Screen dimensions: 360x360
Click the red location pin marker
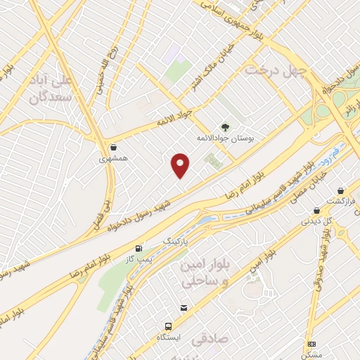(181, 165)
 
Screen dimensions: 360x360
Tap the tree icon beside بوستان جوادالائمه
(225, 127)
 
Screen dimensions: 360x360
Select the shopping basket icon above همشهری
(114, 147)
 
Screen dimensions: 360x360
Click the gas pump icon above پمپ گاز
(139, 248)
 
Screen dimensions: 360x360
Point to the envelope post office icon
(184, 308)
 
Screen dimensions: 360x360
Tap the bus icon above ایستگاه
(168, 326)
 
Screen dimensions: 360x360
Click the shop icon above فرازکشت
(340, 190)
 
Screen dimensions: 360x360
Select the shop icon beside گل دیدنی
(316, 210)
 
